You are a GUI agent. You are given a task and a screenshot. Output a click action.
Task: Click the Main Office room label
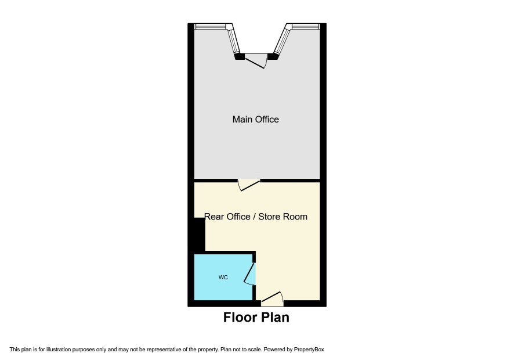coord(256,119)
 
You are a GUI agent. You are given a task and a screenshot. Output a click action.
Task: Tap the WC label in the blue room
coord(223,278)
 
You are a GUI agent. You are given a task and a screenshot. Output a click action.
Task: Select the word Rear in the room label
coord(214,217)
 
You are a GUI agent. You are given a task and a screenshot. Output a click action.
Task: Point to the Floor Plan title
coord(256,318)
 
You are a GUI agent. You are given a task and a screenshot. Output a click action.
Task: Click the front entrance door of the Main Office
coord(256,61)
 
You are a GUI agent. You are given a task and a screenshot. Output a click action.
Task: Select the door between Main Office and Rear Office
coord(248,185)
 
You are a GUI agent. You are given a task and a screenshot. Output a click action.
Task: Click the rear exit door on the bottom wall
coord(272,298)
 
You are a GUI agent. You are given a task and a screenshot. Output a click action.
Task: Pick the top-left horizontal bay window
coord(211,26)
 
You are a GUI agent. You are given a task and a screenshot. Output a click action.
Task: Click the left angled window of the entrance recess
coord(234,41)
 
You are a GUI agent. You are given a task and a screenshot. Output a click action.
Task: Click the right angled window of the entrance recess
coord(282,41)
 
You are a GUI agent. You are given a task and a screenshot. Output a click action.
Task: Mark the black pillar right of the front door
coord(273,56)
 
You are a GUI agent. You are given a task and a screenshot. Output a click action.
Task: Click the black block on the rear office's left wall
coord(200,235)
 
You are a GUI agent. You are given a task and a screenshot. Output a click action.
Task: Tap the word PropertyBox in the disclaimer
coord(309,350)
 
